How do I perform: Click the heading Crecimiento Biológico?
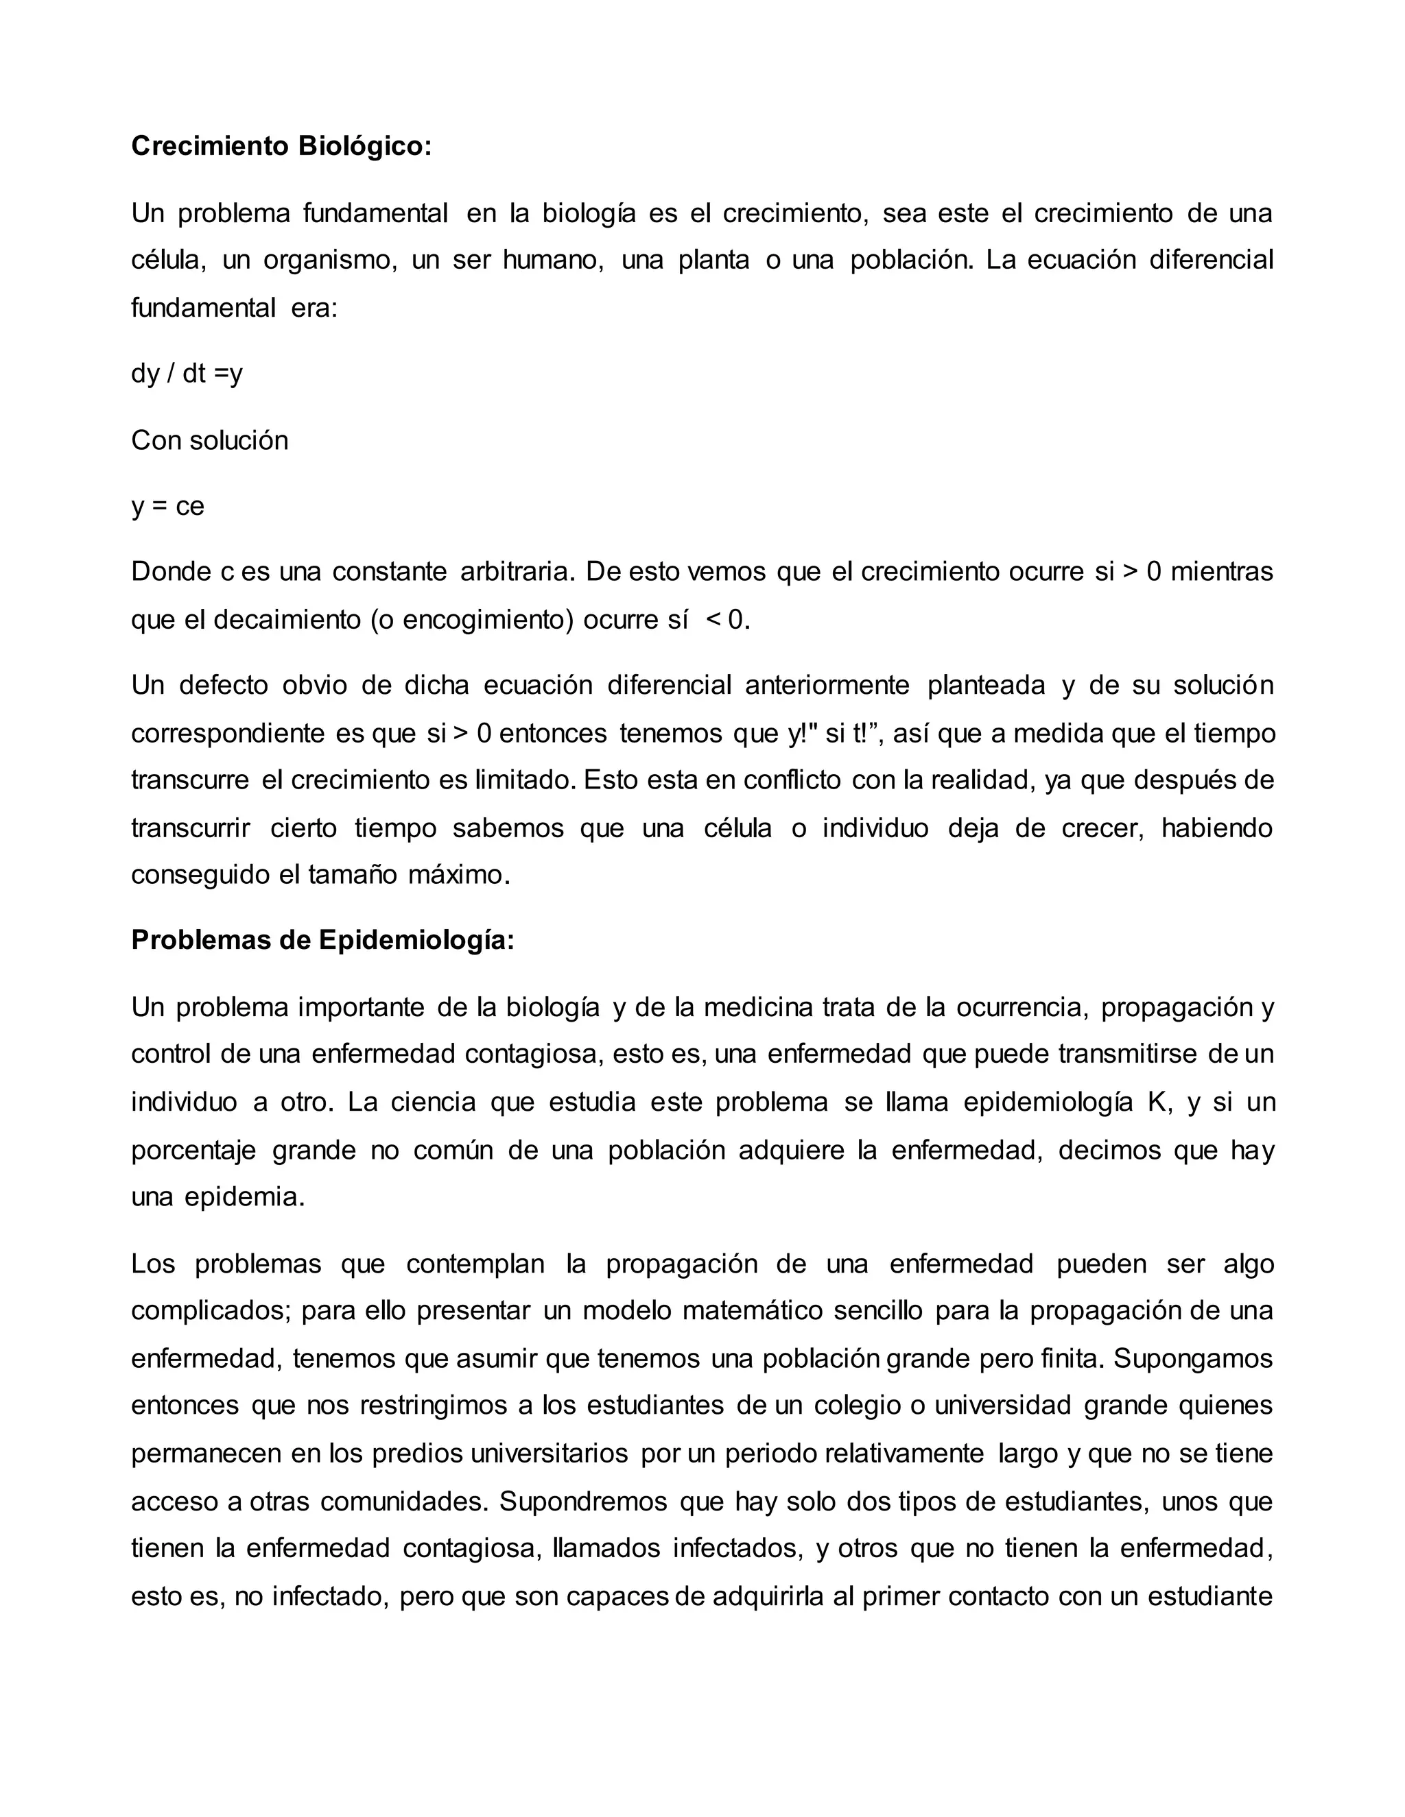point(281,147)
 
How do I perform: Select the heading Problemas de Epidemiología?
point(323,940)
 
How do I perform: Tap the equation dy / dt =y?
point(187,374)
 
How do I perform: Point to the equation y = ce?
point(167,507)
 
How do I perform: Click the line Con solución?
point(210,441)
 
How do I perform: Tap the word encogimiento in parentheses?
point(484,620)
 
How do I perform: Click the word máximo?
point(458,875)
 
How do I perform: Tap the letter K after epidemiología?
point(1156,1103)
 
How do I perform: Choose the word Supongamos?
point(1194,1358)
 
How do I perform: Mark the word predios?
point(417,1454)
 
